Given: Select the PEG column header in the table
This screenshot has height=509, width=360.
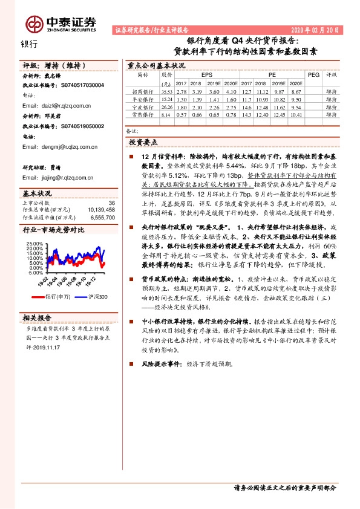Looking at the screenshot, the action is pyautogui.click(x=313, y=75).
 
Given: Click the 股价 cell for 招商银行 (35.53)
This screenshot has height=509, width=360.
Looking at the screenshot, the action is pyautogui.click(x=167, y=90).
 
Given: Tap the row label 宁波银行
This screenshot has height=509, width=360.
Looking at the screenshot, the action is pyautogui.click(x=143, y=106).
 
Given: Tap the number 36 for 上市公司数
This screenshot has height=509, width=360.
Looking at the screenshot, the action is pyautogui.click(x=111, y=203).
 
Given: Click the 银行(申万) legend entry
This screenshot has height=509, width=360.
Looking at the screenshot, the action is pyautogui.click(x=57, y=296).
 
